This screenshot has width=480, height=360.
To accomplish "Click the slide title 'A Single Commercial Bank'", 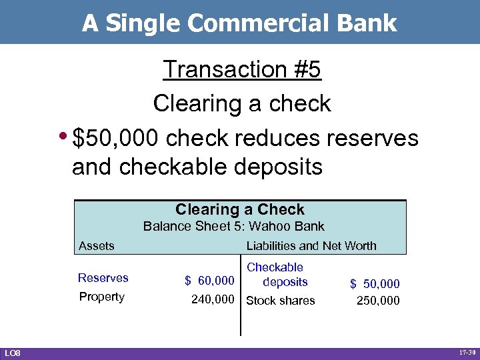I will click(239, 23).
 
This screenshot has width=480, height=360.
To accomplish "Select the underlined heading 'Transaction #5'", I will click(242, 69).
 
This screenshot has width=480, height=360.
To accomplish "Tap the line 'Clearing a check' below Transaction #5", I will click(242, 103).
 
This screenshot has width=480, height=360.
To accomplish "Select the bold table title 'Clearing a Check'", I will click(240, 209).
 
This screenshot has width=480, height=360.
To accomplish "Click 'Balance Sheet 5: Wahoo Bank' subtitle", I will click(234, 226).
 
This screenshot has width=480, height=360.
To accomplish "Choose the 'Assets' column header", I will click(97, 246).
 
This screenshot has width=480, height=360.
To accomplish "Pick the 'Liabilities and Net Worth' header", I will click(311, 246).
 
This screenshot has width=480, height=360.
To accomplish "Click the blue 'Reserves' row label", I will click(103, 278).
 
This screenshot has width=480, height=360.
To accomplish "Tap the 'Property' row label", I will click(101, 297).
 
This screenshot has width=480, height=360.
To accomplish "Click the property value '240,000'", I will click(213, 300).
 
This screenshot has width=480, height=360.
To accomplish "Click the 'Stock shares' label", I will click(281, 301).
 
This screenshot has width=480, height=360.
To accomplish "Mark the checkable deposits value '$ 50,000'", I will click(375, 285).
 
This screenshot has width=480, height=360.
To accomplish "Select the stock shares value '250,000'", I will click(378, 301).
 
